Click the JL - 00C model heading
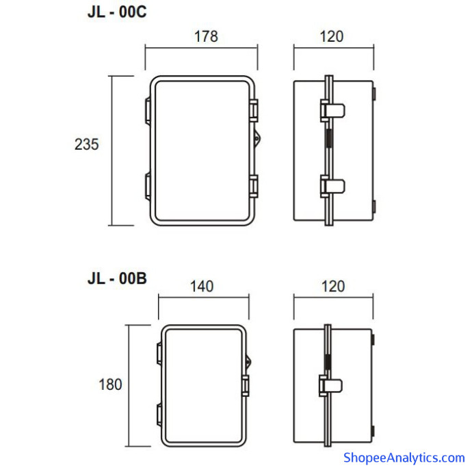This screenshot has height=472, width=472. pyautogui.click(x=117, y=12)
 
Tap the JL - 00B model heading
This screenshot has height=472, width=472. pyautogui.click(x=117, y=278)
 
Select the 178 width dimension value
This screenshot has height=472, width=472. pyautogui.click(x=206, y=37)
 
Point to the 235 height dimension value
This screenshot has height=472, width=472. pyautogui.click(x=87, y=144)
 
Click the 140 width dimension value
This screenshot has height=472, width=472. pyautogui.click(x=202, y=286)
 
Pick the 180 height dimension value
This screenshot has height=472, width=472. pyautogui.click(x=110, y=384)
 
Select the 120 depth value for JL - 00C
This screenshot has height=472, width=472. pyautogui.click(x=331, y=37)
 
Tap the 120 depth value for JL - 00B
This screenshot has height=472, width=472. pyautogui.click(x=333, y=286)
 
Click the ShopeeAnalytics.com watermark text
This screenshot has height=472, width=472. pyautogui.click(x=404, y=458)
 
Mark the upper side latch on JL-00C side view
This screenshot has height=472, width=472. pyautogui.click(x=332, y=110)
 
